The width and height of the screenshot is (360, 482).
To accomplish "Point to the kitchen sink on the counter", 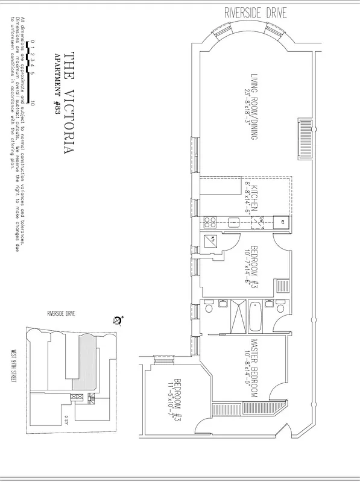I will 235,221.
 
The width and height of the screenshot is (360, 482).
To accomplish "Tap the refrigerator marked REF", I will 282,221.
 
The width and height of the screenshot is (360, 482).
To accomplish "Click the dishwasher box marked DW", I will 257,221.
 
